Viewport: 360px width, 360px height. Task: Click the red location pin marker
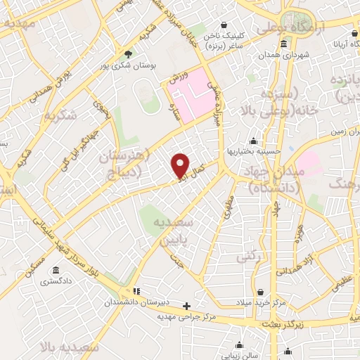click(x=180, y=165)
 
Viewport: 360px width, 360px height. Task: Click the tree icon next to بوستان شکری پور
click(x=128, y=53)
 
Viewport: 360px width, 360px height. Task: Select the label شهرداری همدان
click(x=283, y=54)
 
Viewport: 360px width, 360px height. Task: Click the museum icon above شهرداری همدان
click(x=283, y=44)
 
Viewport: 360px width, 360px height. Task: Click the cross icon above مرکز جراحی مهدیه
click(x=186, y=306)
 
